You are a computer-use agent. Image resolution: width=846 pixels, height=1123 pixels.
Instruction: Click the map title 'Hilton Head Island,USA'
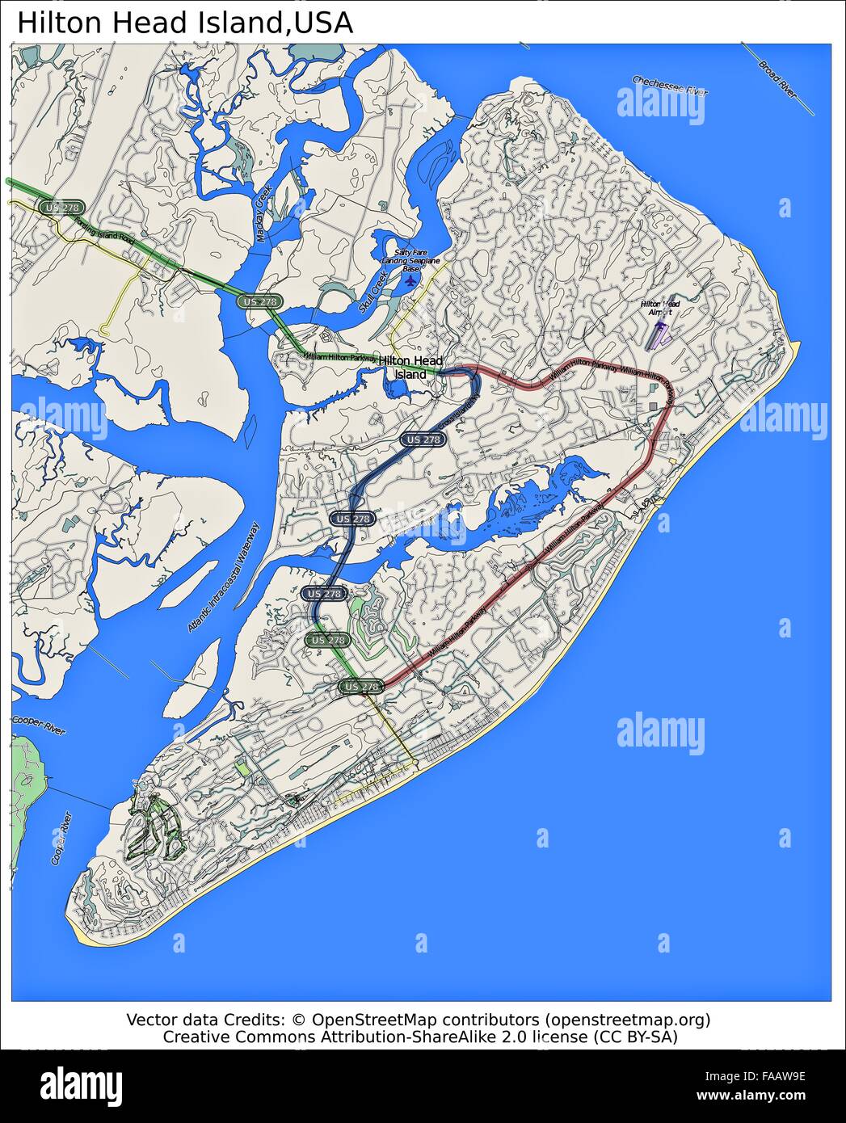(x=185, y=23)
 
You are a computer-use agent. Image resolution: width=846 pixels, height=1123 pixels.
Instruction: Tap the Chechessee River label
(x=669, y=86)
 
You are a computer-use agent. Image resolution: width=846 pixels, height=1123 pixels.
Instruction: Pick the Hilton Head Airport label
(x=660, y=308)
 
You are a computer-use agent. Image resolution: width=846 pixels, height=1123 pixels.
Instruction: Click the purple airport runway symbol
(x=657, y=335)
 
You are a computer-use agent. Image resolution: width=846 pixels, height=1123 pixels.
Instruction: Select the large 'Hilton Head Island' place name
(x=411, y=368)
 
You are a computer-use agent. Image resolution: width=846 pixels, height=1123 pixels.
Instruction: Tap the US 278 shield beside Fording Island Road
(x=62, y=208)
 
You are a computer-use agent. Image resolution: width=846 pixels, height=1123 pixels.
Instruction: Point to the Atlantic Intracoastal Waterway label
(x=225, y=578)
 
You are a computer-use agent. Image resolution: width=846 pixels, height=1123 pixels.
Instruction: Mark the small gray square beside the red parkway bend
(x=653, y=406)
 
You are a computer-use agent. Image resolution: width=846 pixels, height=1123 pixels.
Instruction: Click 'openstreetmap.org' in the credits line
(x=626, y=1020)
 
